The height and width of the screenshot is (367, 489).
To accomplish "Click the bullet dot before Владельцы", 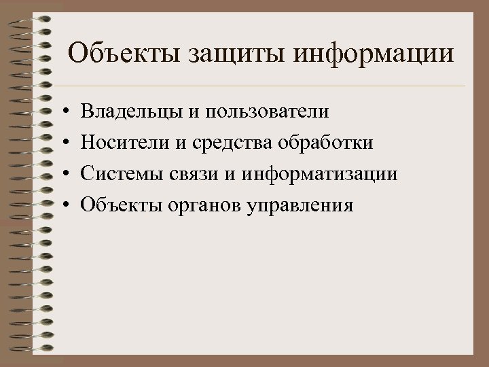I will (x=62, y=109).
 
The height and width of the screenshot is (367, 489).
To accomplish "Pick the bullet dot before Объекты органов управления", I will (x=62, y=205).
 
